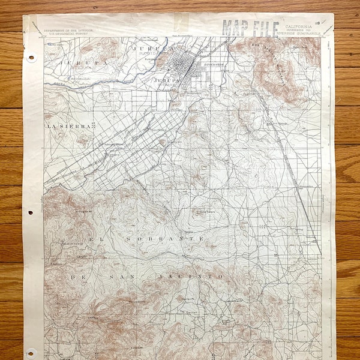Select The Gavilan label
[188, 313]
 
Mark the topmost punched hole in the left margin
[31, 58]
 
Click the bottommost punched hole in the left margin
[31, 352]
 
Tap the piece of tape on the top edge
[181, 23]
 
